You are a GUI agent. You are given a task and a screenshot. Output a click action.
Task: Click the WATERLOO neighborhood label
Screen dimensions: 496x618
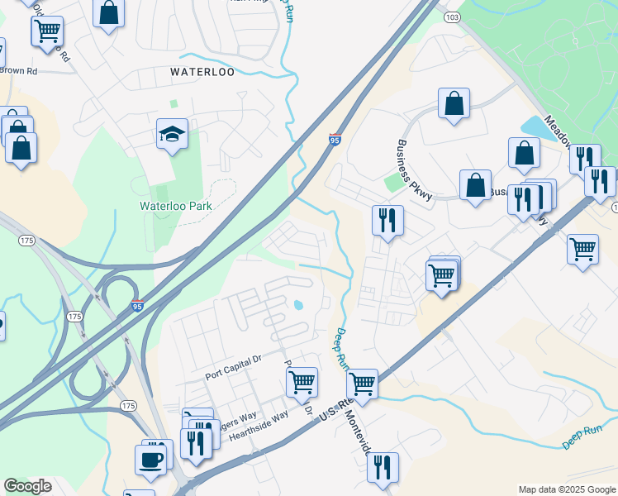pos(202,72)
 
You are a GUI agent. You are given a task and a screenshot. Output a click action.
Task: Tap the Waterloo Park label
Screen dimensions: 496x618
pos(176,206)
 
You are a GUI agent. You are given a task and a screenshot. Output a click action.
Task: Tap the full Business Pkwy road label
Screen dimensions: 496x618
pos(414,170)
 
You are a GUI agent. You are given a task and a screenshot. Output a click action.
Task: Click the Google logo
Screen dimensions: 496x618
pos(27,485)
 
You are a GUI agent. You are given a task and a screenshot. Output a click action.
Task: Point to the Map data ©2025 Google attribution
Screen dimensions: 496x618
pos(566,489)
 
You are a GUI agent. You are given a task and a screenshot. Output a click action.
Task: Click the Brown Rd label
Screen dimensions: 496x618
pos(18,71)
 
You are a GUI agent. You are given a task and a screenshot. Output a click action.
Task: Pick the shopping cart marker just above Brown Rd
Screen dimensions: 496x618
pos(47,31)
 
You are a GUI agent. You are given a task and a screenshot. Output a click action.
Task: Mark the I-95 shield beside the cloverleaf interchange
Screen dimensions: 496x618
pos(138,306)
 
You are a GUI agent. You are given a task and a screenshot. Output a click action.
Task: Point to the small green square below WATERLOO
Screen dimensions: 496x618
pos(174,104)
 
